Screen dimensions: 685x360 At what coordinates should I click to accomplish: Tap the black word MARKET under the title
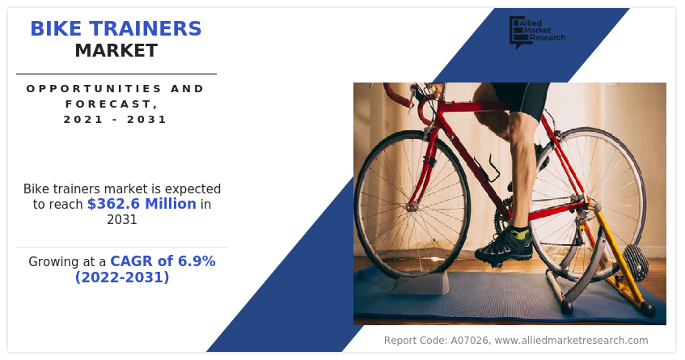coord(116,51)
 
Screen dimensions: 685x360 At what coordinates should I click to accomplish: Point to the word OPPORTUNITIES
coord(88,89)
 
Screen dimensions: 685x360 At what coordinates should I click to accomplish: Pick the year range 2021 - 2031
coord(115,119)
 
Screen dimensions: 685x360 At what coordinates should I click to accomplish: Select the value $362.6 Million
coord(142,204)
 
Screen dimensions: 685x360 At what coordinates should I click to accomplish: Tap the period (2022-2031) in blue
coord(122,277)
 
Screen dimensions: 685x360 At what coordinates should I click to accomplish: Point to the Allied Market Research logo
coord(537,32)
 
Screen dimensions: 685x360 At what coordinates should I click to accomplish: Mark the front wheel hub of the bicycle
coord(411,207)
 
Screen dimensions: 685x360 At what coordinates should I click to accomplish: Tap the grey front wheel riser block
coord(421,284)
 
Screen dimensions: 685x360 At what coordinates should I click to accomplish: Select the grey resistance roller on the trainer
coord(636,263)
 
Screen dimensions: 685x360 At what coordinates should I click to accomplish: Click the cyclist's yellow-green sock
coord(520,231)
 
